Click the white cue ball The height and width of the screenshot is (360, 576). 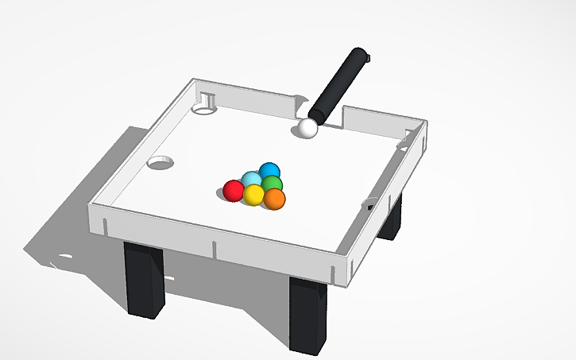[307, 128]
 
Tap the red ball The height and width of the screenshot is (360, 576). [233, 190]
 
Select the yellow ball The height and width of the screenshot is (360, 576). [253, 195]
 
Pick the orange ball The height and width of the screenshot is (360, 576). [274, 199]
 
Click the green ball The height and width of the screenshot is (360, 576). [273, 184]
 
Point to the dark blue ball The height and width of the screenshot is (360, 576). [270, 171]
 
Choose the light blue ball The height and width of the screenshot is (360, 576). [251, 180]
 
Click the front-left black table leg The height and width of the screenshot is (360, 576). [144, 281]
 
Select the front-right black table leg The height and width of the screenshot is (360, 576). [307, 315]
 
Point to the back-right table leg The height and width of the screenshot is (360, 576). [390, 218]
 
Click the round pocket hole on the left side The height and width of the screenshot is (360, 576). [160, 162]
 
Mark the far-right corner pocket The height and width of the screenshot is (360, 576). [404, 141]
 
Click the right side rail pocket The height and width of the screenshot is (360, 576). [371, 203]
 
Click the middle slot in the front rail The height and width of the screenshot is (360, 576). [215, 246]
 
